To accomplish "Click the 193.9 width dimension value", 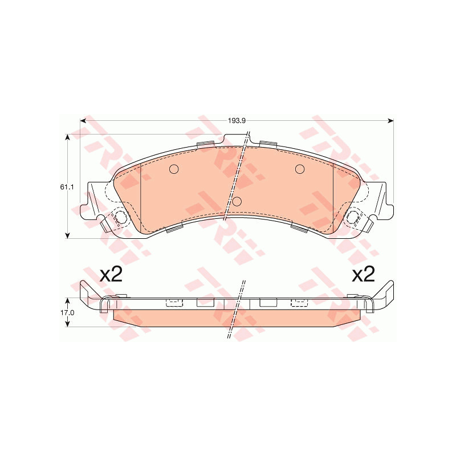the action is tap(237, 121).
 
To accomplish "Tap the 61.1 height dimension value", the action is tap(67, 187).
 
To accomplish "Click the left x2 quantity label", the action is tap(111, 274).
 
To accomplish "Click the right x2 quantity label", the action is tap(363, 274).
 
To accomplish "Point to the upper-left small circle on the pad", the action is tap(174, 169).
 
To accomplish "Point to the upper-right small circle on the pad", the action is tap(300, 169).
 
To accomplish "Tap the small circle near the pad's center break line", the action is tap(237, 201).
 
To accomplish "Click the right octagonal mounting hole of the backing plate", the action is tap(353, 217).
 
